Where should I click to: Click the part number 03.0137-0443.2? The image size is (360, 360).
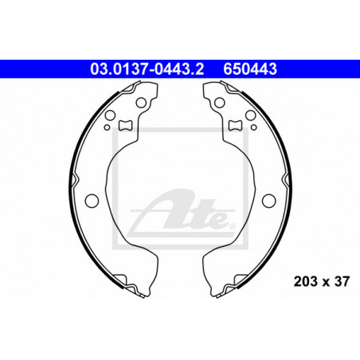[147, 69]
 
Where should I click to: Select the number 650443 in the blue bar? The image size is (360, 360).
[250, 69]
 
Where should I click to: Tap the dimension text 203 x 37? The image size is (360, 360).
[322, 281]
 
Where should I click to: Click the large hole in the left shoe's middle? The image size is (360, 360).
[92, 201]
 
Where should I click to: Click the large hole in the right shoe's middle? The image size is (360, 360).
[268, 201]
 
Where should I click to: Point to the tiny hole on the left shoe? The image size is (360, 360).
[107, 127]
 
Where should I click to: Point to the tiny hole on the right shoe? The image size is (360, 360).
[254, 127]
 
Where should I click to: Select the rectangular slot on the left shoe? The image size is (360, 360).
[125, 125]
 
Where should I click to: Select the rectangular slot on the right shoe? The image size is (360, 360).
[235, 125]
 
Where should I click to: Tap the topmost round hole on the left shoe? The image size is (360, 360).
[141, 103]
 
